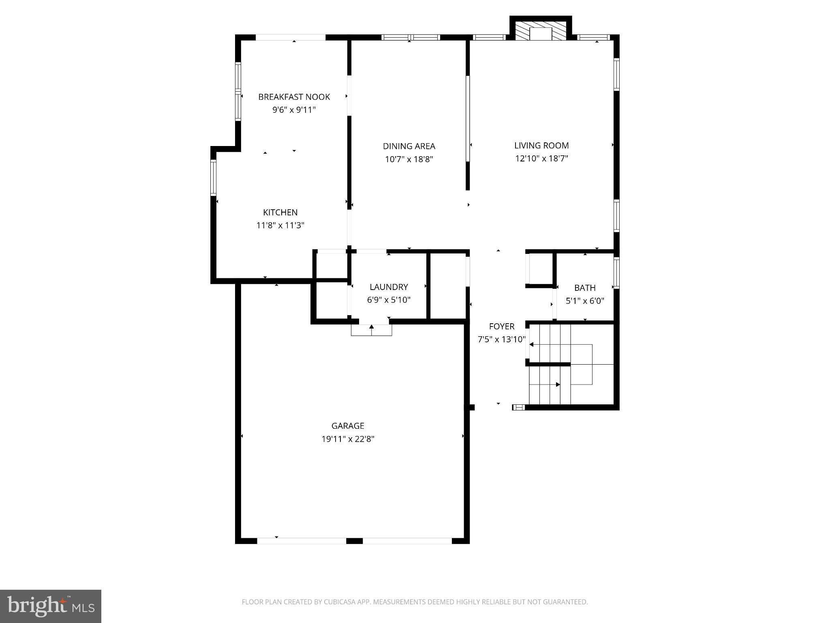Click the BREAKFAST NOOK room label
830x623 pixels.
coord(294,97)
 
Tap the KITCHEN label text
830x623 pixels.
coord(280,213)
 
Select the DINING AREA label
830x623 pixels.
coord(409,146)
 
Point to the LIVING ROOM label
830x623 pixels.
coord(541,146)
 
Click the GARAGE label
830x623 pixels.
coord(348,426)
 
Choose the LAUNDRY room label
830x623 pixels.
coord(389,287)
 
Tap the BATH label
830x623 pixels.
coord(585,288)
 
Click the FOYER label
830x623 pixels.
coord(501,327)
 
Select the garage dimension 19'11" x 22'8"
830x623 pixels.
coord(348,439)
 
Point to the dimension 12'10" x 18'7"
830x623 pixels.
coord(541,159)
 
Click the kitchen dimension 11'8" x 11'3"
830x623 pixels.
coord(280,226)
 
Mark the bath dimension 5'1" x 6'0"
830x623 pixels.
coord(585,301)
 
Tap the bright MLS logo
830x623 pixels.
coord(51,606)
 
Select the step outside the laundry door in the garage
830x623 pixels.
coord(371,330)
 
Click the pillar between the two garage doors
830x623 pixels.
coord(354,541)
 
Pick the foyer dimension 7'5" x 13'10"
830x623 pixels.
coord(501,339)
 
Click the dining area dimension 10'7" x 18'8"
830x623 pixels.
coord(409,159)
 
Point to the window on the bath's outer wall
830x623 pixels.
coord(616,273)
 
